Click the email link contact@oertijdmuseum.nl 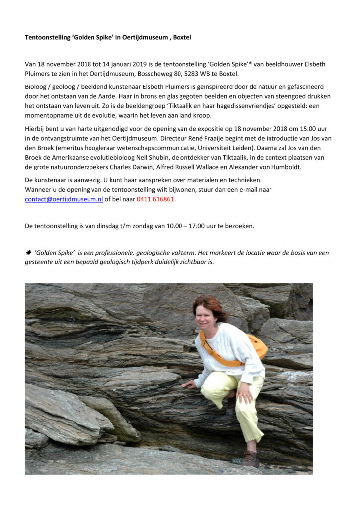click(64, 199)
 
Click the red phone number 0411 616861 click(156, 199)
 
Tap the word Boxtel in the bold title click(182, 37)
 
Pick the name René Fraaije click(232, 139)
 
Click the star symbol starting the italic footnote click(28, 253)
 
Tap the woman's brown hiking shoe click(251, 458)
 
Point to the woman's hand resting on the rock click(188, 384)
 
